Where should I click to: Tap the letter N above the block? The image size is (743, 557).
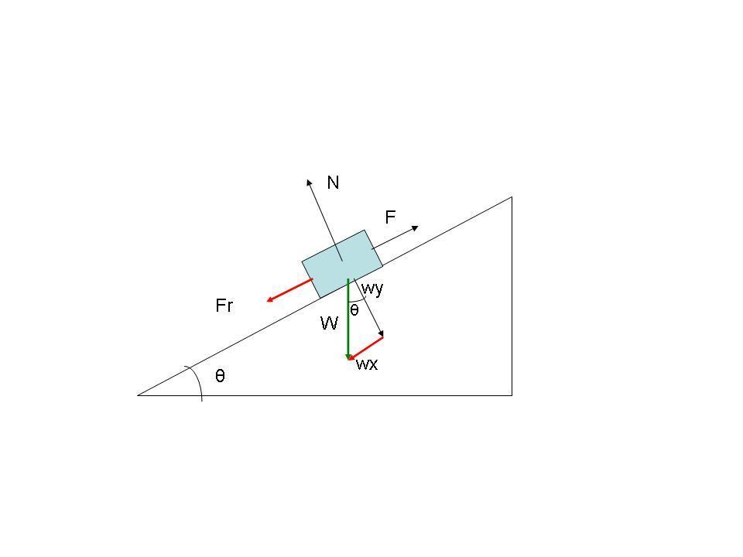[333, 183]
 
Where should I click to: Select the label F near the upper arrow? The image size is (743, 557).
[391, 218]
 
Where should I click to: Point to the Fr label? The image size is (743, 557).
[224, 306]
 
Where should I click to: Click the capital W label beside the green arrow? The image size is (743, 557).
[330, 323]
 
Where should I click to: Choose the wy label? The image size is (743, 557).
[373, 289]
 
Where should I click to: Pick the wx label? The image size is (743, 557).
[367, 364]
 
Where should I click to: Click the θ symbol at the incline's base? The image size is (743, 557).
[221, 376]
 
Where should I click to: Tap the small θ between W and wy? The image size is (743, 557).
[354, 311]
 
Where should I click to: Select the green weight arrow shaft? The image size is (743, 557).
[348, 317]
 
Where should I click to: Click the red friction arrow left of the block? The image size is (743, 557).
[289, 290]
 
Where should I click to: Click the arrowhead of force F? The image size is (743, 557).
[416, 227]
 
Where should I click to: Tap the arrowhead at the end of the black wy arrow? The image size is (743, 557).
[381, 334]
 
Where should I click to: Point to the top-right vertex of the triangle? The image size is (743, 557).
[512, 197]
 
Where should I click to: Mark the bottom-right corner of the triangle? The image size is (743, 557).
[512, 395]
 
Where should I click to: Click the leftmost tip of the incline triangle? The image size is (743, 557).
[139, 395]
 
